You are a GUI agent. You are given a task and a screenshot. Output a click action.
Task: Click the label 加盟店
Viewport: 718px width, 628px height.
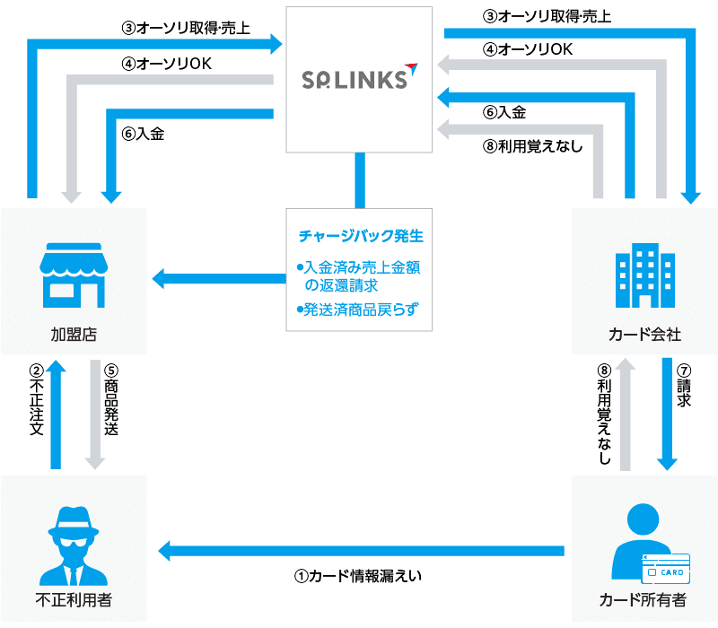74,335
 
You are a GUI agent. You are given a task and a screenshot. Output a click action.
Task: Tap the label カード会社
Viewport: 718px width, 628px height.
644,335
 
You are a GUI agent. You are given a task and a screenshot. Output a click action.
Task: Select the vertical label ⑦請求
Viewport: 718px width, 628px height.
684,387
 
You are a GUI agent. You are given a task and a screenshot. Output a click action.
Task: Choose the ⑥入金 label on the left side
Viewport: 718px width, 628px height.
144,134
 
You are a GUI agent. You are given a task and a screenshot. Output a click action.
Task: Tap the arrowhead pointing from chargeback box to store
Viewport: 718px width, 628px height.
162,279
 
